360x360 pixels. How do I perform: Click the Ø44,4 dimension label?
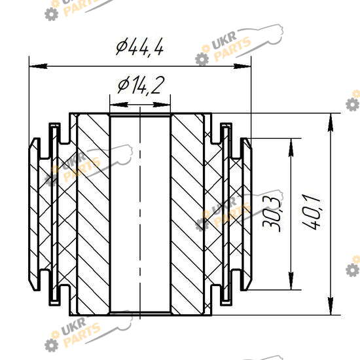click(140, 46)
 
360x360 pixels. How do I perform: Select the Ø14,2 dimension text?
click(141, 85)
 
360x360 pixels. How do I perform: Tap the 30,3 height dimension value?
click(272, 214)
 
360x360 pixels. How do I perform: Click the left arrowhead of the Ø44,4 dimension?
click(39, 66)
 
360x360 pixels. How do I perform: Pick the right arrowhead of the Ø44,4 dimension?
click(242, 66)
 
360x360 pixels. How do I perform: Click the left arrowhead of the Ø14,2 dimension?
click(119, 105)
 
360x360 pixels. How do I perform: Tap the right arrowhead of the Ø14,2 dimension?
click(162, 105)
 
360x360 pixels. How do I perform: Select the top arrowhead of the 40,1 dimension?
click(330, 122)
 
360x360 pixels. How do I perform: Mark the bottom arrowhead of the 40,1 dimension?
click(330, 306)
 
